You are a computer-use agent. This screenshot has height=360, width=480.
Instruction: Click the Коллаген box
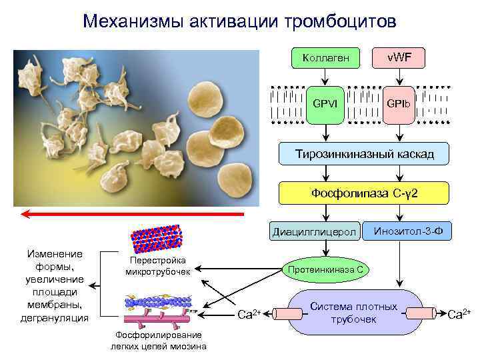tap(322, 58)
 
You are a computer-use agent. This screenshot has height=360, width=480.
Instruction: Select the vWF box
tap(399, 58)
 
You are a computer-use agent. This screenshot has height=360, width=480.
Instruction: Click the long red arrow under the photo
tap(133, 213)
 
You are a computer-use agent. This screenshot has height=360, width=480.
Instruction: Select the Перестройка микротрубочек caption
tap(158, 265)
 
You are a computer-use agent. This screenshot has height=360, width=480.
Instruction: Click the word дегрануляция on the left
tap(56, 318)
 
